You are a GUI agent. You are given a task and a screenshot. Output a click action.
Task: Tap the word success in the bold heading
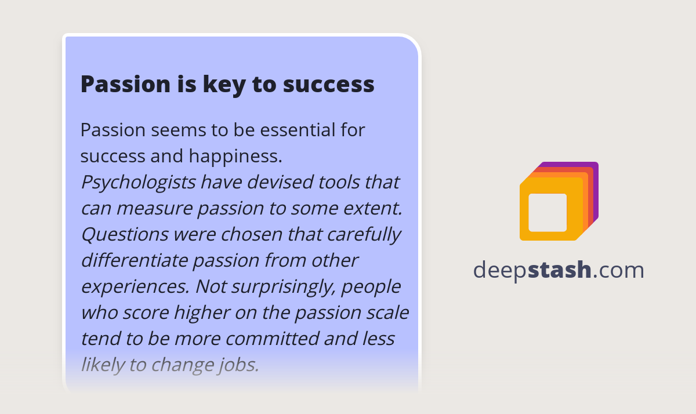tap(328, 85)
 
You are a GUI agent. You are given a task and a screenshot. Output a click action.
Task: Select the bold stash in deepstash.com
tap(560, 270)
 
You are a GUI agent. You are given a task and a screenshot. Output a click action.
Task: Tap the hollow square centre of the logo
tap(548, 212)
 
